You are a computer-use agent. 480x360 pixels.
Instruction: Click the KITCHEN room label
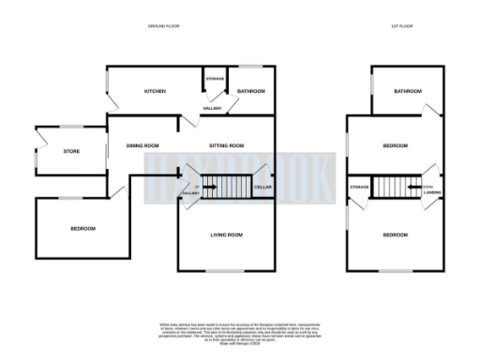click(x=155, y=91)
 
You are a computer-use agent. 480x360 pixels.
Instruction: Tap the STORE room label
click(x=71, y=151)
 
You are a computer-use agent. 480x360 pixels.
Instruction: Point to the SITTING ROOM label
click(x=226, y=145)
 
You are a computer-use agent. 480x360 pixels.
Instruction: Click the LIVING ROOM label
click(x=226, y=234)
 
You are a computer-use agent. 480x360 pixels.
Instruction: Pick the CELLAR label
click(x=263, y=188)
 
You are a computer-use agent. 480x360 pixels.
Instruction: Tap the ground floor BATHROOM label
click(x=250, y=91)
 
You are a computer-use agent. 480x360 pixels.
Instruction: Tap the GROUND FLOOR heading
click(x=165, y=24)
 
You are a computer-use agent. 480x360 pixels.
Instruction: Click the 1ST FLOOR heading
click(x=402, y=24)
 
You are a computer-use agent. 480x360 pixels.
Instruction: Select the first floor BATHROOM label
click(x=408, y=91)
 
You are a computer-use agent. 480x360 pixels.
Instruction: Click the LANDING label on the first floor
click(x=431, y=193)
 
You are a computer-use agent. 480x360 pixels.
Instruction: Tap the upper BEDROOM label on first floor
click(x=395, y=145)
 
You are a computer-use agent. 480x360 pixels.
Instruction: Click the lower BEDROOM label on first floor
click(x=395, y=234)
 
